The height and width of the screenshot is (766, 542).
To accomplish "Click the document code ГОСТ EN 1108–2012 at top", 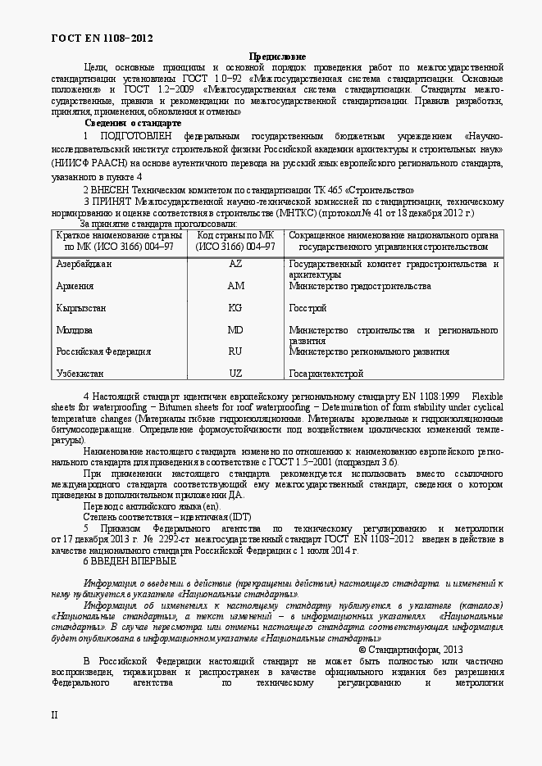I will click(x=102, y=39).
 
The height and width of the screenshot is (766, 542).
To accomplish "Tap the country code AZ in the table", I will click(x=235, y=265).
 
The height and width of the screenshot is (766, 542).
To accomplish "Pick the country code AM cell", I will click(x=235, y=287).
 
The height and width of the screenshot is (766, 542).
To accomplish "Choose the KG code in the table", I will click(x=235, y=309).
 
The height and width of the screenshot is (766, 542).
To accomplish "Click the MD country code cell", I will click(x=235, y=330).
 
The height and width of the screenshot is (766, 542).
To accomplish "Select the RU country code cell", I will click(x=235, y=351).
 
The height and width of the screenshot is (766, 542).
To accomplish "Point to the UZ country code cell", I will click(x=235, y=374).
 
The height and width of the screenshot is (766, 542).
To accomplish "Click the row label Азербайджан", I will click(x=84, y=265).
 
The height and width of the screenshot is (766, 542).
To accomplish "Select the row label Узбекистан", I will click(x=80, y=374).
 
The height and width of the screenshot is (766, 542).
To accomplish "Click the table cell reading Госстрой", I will click(x=308, y=309).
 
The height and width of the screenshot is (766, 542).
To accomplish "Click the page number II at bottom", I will click(x=55, y=714).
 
